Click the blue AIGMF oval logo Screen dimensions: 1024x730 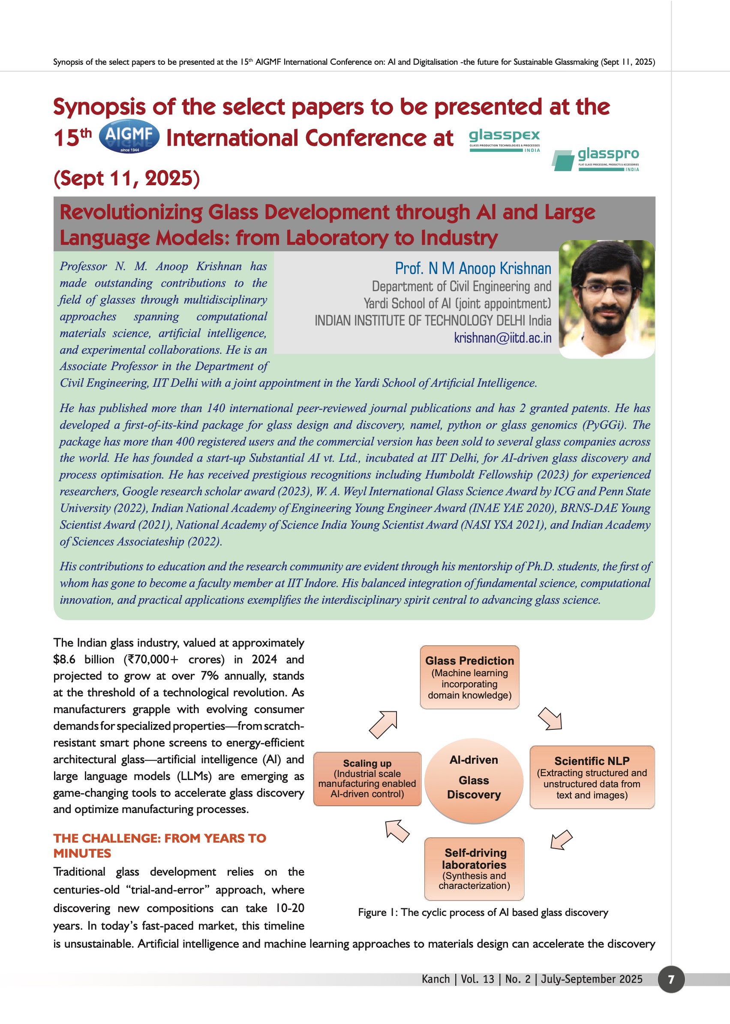[129, 136]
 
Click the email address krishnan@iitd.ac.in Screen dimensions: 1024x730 [502, 337]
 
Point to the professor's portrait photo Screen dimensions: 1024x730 [607, 299]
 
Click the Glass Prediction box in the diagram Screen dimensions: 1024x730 [469, 677]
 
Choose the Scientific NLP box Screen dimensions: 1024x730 [592, 777]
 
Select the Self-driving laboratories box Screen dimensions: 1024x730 [474, 868]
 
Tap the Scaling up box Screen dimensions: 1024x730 [367, 778]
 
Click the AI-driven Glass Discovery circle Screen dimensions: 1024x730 [474, 781]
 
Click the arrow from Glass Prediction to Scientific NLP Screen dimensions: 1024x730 [551, 719]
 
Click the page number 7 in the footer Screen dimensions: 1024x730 [671, 979]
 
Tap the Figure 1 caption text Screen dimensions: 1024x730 [483, 912]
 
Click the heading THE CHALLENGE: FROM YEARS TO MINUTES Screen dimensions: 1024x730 [159, 846]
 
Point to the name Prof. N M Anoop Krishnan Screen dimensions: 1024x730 [473, 268]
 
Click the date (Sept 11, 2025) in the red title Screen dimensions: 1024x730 [126, 178]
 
